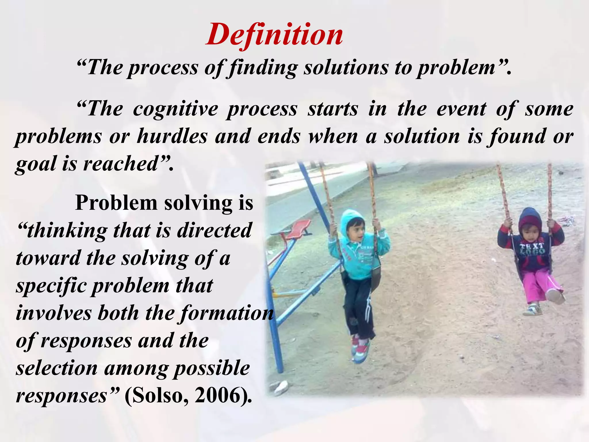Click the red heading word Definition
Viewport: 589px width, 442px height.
pyautogui.click(x=274, y=35)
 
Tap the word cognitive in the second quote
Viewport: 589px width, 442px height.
pyautogui.click(x=175, y=109)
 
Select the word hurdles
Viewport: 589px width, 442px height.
pyautogui.click(x=172, y=136)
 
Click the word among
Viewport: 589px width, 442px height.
pyautogui.click(x=135, y=368)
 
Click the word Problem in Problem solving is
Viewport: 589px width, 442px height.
pyautogui.click(x=116, y=203)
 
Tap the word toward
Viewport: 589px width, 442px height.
pyautogui.click(x=48, y=258)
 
